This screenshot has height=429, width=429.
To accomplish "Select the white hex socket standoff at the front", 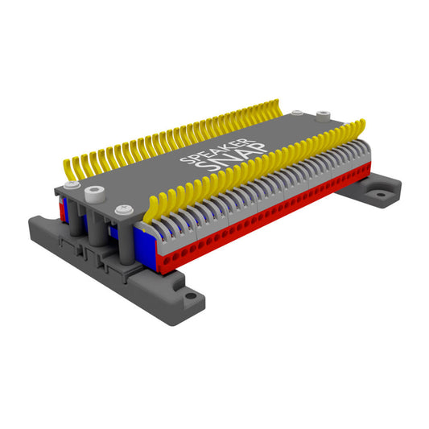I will pyautogui.click(x=96, y=194).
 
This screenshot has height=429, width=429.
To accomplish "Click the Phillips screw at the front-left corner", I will pyautogui.click(x=71, y=186).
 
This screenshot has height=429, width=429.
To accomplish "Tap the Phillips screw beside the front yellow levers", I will pyautogui.click(x=123, y=210).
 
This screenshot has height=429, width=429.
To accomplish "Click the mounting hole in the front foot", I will pyautogui.click(x=190, y=295).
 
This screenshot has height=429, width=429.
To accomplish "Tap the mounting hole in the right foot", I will pyautogui.click(x=377, y=193).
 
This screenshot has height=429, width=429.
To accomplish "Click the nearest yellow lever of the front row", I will pyautogui.click(x=152, y=209).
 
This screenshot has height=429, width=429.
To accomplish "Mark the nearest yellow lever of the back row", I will pyautogui.click(x=68, y=169).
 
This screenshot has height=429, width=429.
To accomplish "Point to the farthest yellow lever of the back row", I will pyautogui.click(x=276, y=105).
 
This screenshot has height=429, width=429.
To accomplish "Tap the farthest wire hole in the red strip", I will pyautogui.click(x=367, y=170).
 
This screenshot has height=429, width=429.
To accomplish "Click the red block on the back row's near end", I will pyautogui.click(x=60, y=207).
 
